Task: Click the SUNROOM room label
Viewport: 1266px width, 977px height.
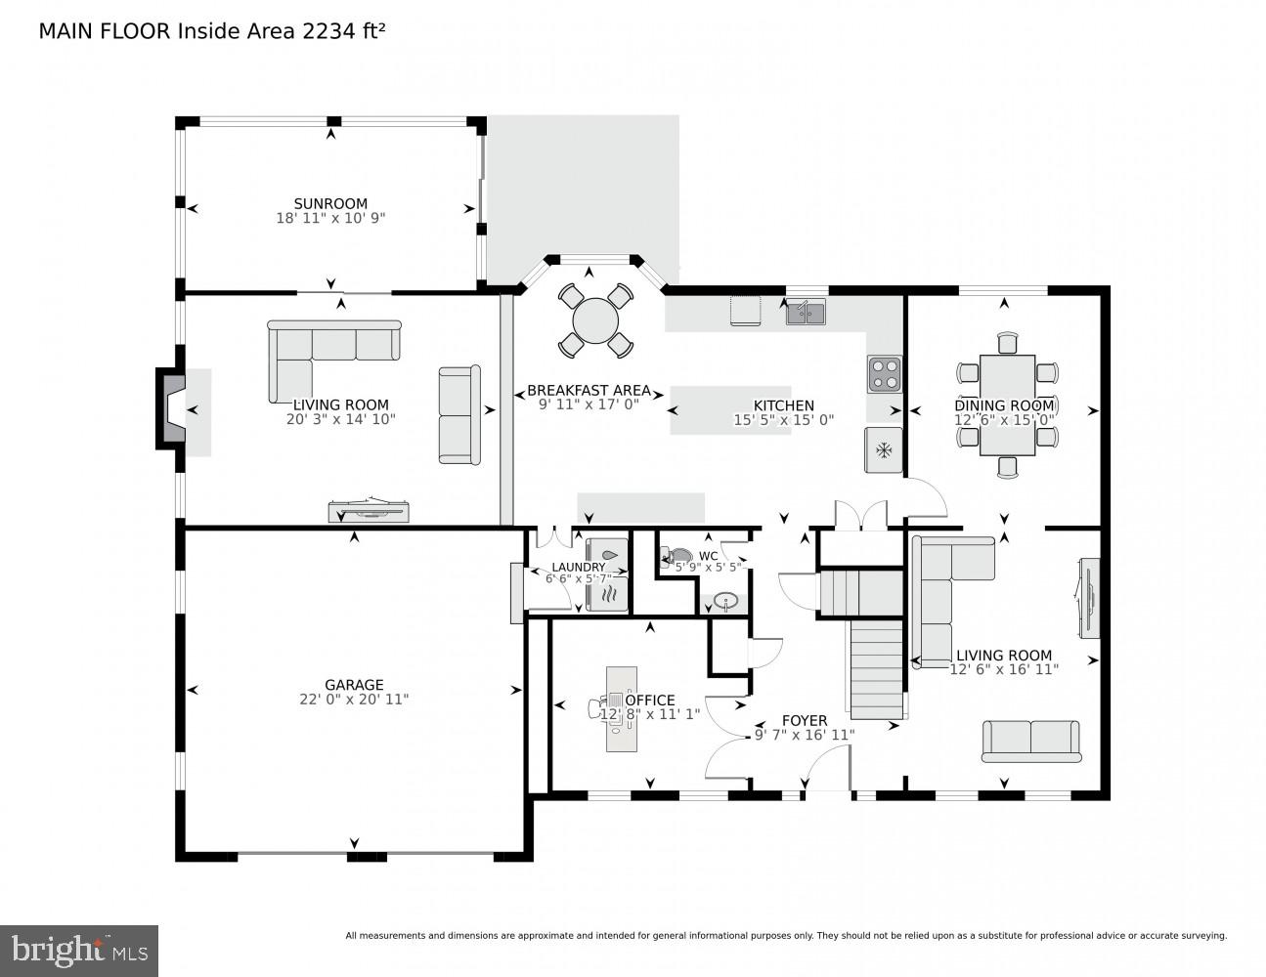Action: [x=330, y=204]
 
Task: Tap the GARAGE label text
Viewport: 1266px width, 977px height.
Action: [x=354, y=685]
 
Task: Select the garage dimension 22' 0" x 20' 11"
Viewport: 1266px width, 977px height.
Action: [x=354, y=700]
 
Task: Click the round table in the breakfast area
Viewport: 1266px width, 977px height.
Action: [x=595, y=320]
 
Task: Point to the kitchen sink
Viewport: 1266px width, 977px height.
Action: [x=806, y=313]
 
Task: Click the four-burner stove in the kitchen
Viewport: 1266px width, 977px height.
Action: [x=884, y=374]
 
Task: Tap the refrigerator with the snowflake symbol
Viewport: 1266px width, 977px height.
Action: [x=884, y=450]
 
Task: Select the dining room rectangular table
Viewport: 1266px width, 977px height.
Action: [x=1007, y=404]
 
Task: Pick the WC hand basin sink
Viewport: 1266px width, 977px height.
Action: [x=724, y=601]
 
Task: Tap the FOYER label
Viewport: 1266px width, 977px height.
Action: [x=805, y=721]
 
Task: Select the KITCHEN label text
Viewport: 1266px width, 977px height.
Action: [x=783, y=405]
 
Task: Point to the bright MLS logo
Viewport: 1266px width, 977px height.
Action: [x=79, y=950]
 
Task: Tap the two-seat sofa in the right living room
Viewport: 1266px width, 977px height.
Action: [x=1030, y=741]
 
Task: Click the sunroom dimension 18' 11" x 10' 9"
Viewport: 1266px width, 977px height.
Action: [x=330, y=219]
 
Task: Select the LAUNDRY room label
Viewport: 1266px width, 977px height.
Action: [x=578, y=567]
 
